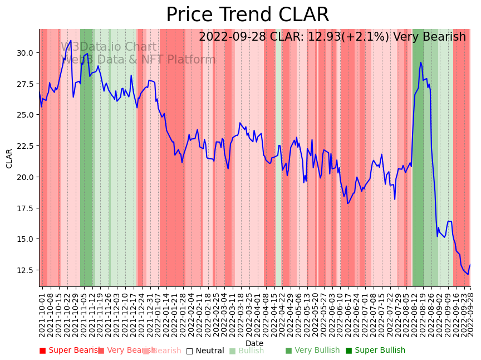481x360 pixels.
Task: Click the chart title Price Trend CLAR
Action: pos(247,15)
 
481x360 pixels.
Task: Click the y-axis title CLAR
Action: pos(9,158)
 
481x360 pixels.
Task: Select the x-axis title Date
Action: pos(254,343)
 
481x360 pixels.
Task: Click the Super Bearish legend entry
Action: pos(71,351)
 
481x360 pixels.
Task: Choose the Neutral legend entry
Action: pos(205,351)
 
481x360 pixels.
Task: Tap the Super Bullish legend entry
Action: pos(375,351)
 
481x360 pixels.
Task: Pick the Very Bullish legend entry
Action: pos(312,351)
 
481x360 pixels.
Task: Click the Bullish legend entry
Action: pos(247,351)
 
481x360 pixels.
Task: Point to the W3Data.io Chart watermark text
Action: pos(109,47)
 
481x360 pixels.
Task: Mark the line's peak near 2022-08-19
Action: pos(421,62)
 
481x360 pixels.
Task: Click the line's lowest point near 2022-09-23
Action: pos(468,274)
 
